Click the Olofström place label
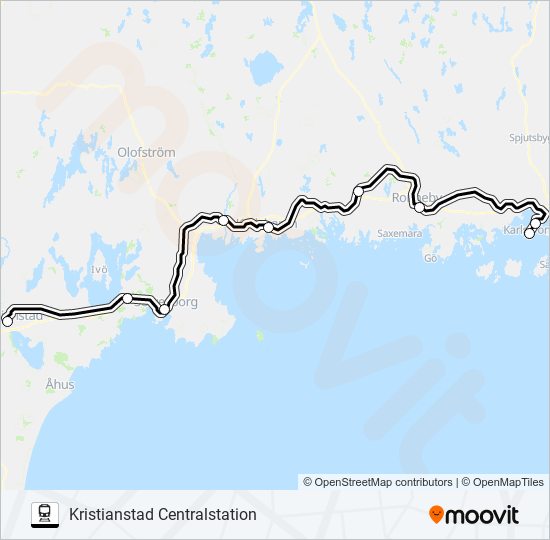click(x=146, y=152)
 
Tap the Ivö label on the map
click(x=98, y=270)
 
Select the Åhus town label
click(x=59, y=383)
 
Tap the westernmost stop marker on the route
click(x=7, y=321)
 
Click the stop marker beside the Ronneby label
click(x=420, y=208)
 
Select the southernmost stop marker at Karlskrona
click(x=529, y=234)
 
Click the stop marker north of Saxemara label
click(x=358, y=190)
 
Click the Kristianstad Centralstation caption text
click(x=163, y=515)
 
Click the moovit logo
click(x=474, y=515)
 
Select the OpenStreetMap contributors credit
click(x=377, y=482)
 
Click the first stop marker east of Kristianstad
click(x=127, y=298)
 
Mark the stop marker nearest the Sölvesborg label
click(x=164, y=310)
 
